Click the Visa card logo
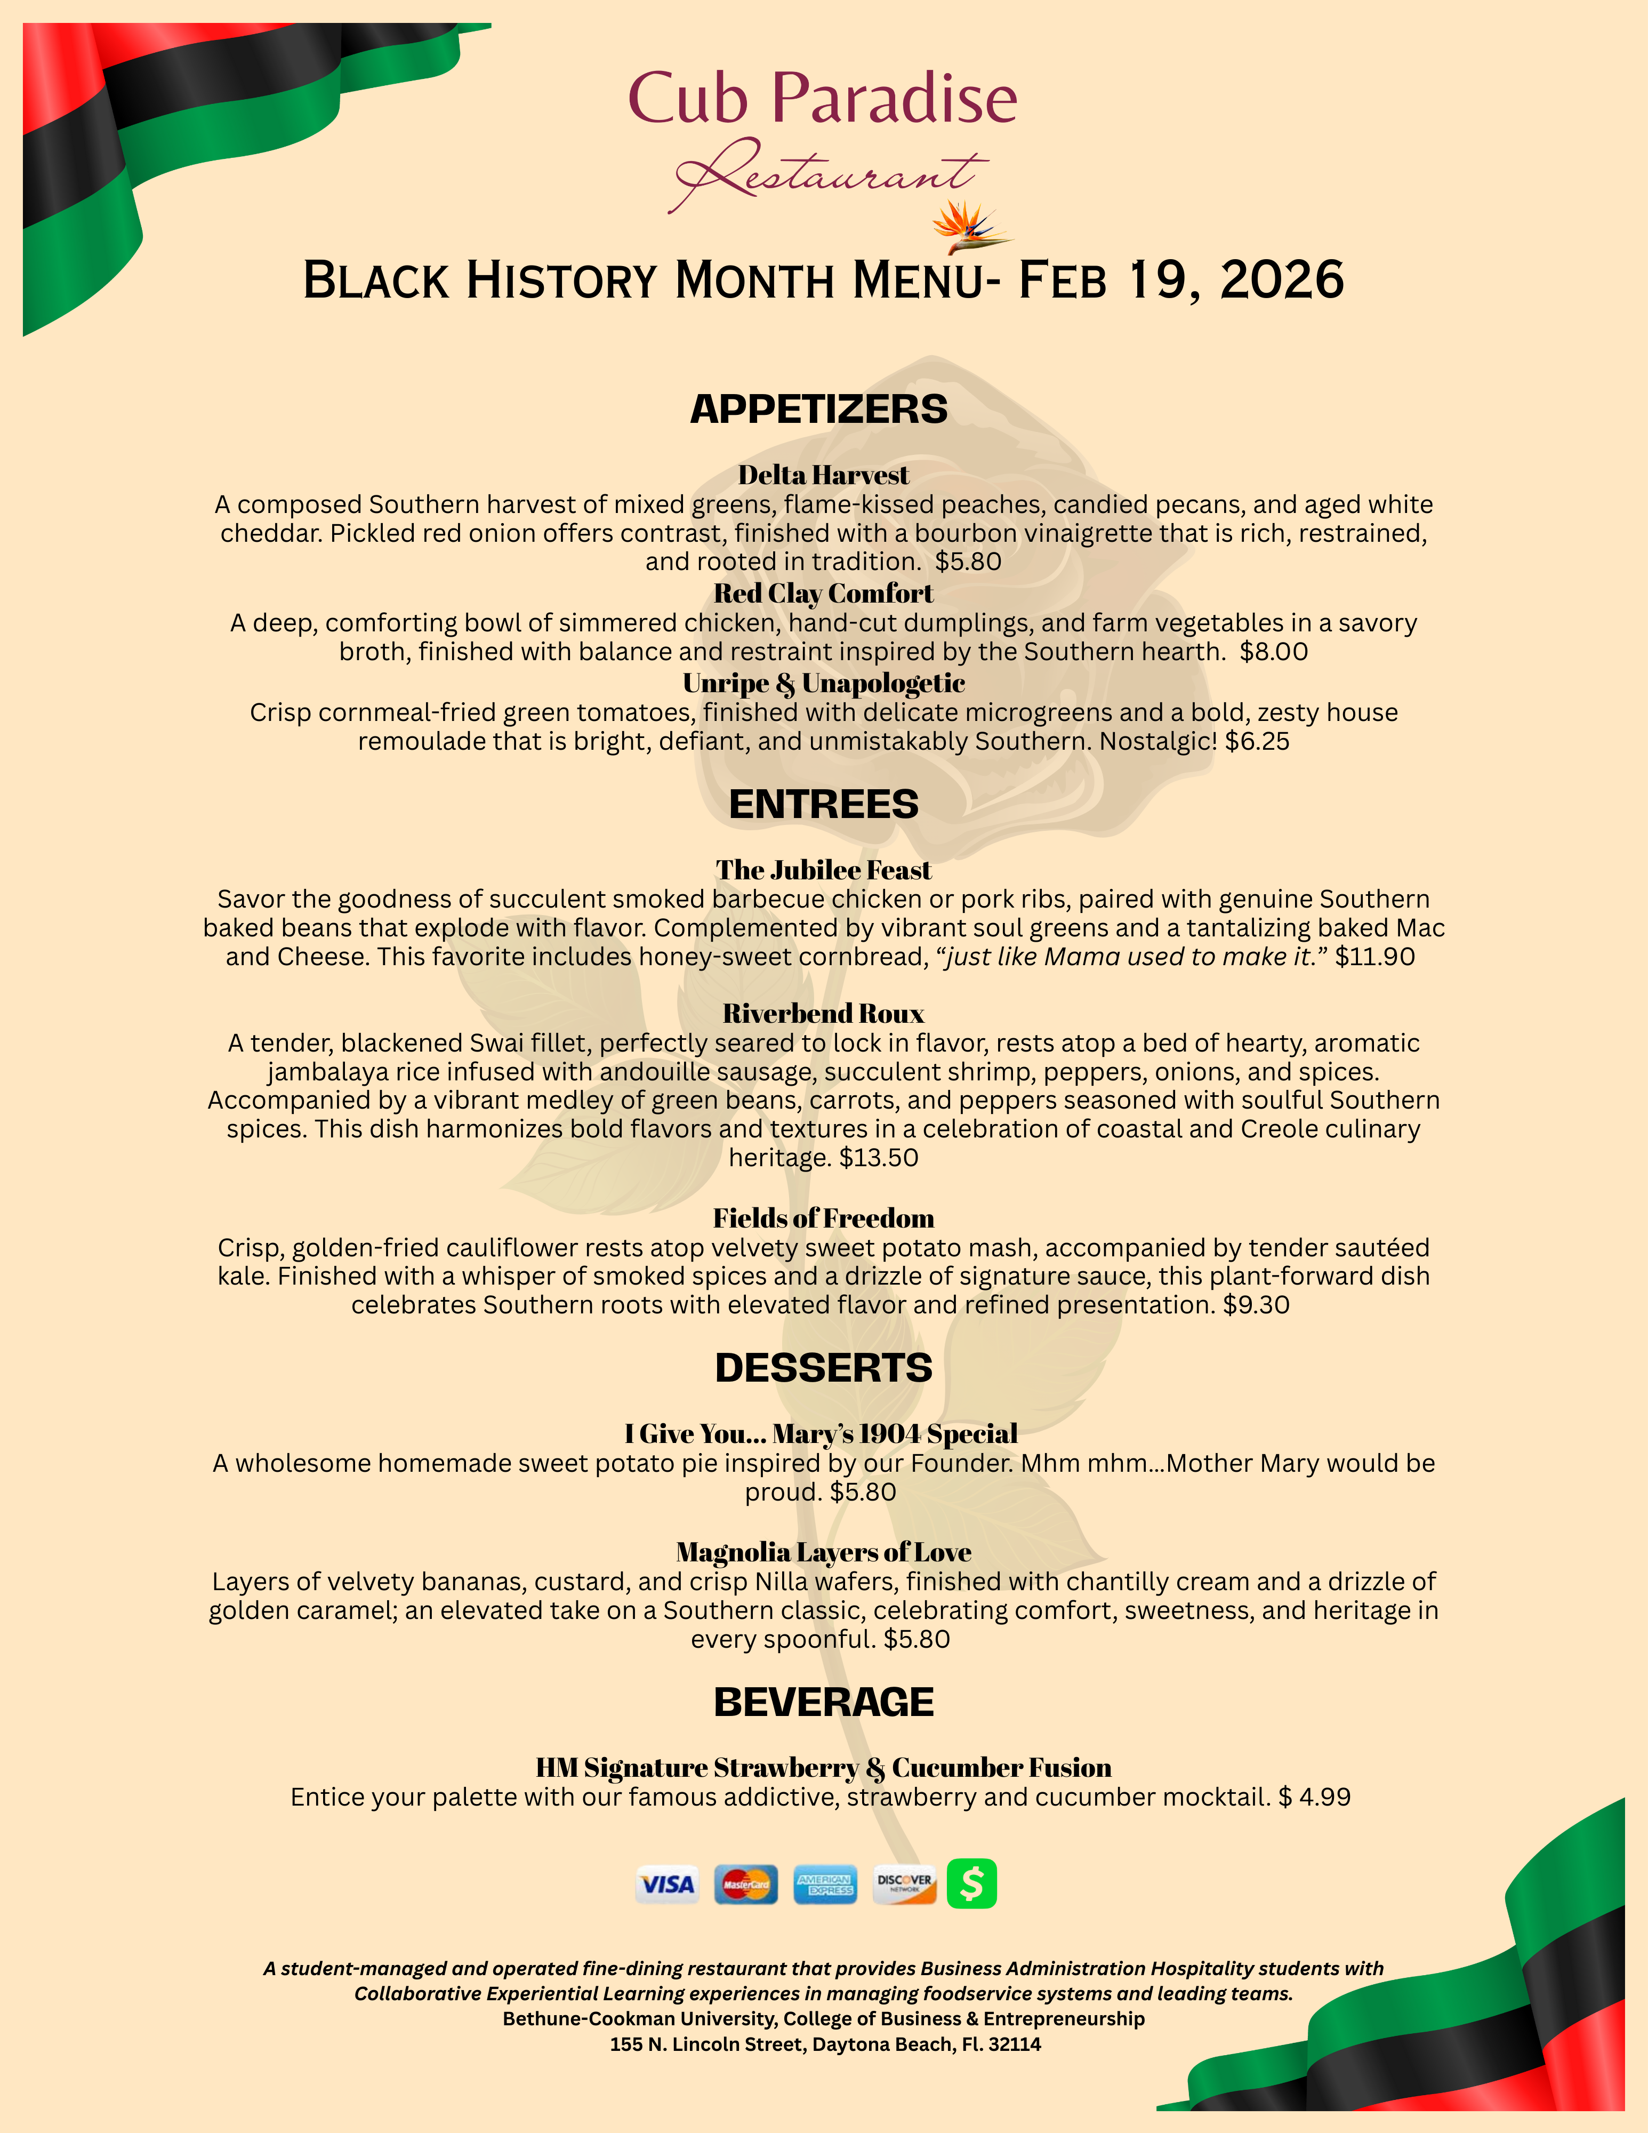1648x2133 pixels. pos(667,1884)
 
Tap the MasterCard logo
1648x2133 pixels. pos(746,1884)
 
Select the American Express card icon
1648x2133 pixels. pos(825,1884)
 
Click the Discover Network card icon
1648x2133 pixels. pos(904,1884)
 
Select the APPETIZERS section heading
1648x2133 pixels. pos(818,409)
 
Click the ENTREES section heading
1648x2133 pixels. pos(823,804)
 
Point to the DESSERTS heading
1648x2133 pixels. pos(823,1367)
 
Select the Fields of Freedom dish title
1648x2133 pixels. pos(823,1218)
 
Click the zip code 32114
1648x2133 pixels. pos(1015,2044)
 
